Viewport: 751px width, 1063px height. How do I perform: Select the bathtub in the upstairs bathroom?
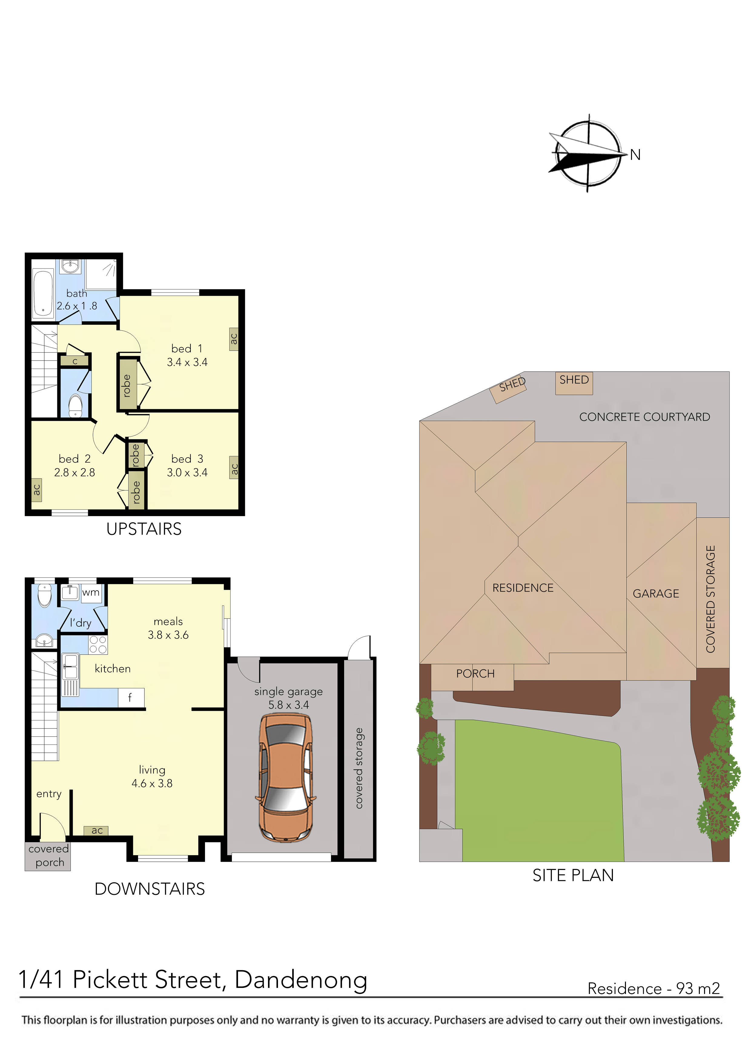[43, 293]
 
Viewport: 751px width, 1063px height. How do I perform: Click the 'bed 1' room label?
[187, 348]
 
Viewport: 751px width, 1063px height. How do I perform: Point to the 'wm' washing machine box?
[91, 593]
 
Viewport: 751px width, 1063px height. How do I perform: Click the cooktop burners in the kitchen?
[98, 645]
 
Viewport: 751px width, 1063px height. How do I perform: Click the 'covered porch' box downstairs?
[48, 856]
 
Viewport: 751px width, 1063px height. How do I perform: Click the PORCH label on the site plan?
[475, 673]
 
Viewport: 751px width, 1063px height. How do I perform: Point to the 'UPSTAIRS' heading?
[144, 529]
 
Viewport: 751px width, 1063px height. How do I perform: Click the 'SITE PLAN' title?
[573, 875]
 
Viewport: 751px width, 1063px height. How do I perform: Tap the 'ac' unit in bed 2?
[37, 489]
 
